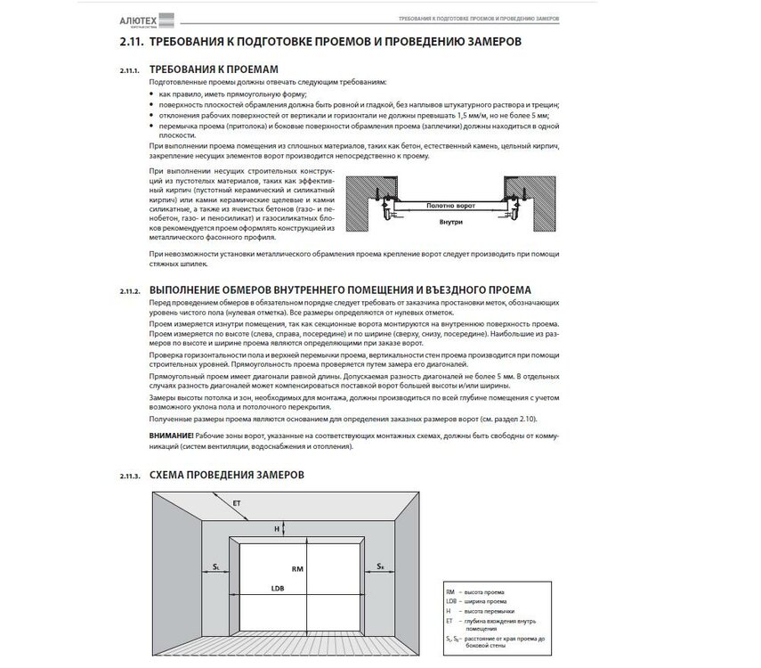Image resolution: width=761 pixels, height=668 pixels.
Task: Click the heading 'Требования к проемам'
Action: (215, 68)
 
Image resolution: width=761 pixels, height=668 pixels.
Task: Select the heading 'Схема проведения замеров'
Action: (227, 475)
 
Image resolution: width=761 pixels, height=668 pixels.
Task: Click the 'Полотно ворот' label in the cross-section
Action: (451, 205)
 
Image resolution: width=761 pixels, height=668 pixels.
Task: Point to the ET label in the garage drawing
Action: (237, 504)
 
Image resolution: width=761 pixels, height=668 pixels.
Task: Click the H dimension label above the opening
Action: (276, 527)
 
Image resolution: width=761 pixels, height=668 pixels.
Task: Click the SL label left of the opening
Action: (216, 566)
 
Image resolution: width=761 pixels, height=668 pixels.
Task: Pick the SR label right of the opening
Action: (380, 566)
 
